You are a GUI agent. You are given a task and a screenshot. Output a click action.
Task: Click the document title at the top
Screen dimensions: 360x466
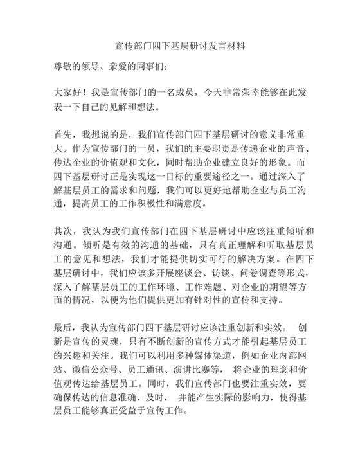point(180,47)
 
